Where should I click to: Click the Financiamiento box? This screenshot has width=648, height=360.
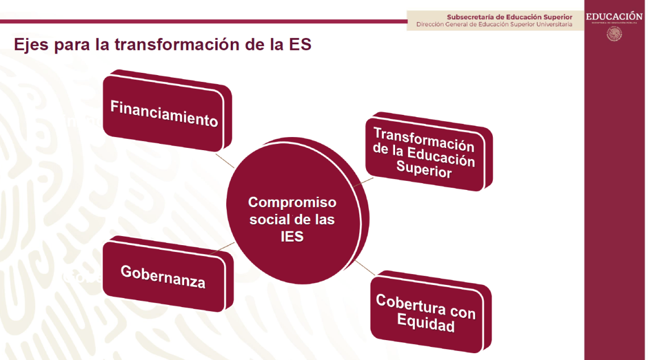click(165, 113)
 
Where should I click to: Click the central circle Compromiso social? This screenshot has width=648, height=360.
click(292, 219)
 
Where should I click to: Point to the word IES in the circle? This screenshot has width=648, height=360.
click(292, 237)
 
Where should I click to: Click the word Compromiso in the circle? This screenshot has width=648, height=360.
click(292, 202)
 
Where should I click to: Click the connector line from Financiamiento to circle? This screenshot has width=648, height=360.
click(226, 160)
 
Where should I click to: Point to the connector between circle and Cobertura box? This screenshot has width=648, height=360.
click(363, 269)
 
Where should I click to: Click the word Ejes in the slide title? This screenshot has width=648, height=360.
click(32, 45)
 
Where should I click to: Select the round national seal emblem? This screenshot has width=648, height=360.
click(614, 34)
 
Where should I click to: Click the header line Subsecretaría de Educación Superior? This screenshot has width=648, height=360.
click(509, 17)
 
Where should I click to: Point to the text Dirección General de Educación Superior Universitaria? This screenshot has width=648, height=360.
click(494, 24)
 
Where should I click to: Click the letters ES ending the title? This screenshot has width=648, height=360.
click(301, 45)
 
